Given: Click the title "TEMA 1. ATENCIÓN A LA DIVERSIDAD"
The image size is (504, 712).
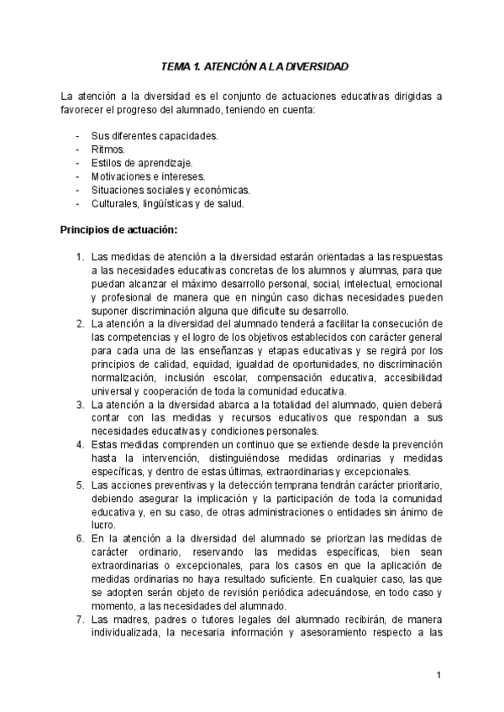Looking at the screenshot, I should (x=255, y=65).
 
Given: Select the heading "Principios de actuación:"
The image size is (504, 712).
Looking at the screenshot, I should (x=118, y=229).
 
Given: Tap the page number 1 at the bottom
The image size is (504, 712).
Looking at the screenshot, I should (x=438, y=676).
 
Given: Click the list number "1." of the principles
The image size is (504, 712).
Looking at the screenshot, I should (x=80, y=256).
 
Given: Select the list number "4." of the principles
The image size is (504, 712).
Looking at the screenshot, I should (x=80, y=444).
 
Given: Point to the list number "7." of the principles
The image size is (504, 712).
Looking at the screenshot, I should (x=80, y=619).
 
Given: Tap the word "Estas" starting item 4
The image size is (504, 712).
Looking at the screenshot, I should (x=105, y=444).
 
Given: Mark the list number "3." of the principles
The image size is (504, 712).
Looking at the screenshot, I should (x=80, y=404).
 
